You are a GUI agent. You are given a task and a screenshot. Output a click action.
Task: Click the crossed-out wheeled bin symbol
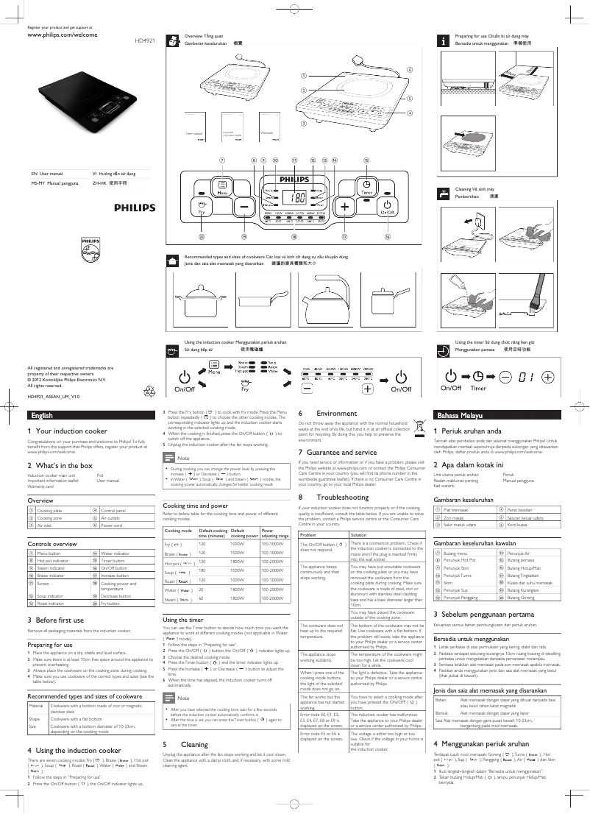(x=420, y=425)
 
